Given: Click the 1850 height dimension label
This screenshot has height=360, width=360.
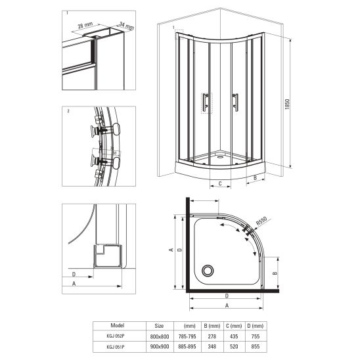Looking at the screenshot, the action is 287,104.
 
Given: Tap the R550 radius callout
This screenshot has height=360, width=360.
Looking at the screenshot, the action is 261,221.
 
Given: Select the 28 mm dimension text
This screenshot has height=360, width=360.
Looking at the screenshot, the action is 85,25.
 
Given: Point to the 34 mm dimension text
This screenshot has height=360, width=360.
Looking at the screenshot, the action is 127,26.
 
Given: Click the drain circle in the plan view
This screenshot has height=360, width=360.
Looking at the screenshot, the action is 208,271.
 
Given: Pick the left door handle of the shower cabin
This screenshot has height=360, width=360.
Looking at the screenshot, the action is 206,103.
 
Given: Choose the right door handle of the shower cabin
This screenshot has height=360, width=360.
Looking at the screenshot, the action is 235,102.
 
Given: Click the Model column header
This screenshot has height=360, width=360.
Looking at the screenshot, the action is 118,325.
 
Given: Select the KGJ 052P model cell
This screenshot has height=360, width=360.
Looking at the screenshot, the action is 116,336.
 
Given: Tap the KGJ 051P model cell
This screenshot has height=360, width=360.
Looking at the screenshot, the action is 116,347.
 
